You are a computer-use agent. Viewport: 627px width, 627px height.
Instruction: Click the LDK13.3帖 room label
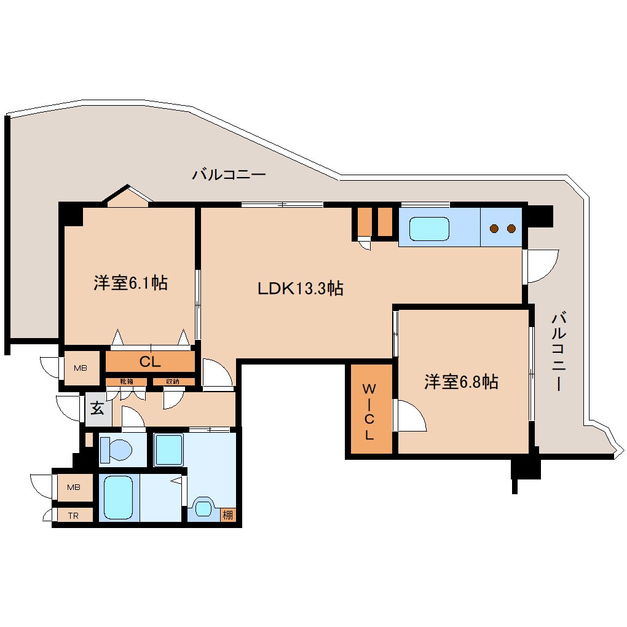point(300,288)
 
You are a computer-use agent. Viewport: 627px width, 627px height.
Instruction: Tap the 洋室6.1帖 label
point(130,283)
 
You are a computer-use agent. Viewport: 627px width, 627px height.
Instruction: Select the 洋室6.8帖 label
point(461,382)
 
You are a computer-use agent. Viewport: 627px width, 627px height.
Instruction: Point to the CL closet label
point(149,362)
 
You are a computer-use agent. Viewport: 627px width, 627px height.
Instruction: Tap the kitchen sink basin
point(430,229)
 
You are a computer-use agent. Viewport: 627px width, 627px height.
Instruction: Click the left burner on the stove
point(494,229)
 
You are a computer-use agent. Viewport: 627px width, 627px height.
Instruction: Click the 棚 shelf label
point(228,515)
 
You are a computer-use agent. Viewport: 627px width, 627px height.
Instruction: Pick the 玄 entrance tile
point(97,408)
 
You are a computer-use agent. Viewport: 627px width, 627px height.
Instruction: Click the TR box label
point(73,515)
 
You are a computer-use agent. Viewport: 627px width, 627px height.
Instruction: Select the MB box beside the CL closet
point(81,368)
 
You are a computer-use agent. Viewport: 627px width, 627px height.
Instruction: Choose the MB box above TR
point(74,487)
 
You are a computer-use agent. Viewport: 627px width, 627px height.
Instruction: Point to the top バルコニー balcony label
point(229,175)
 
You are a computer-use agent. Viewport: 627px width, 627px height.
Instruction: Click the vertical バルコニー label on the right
point(558,352)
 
